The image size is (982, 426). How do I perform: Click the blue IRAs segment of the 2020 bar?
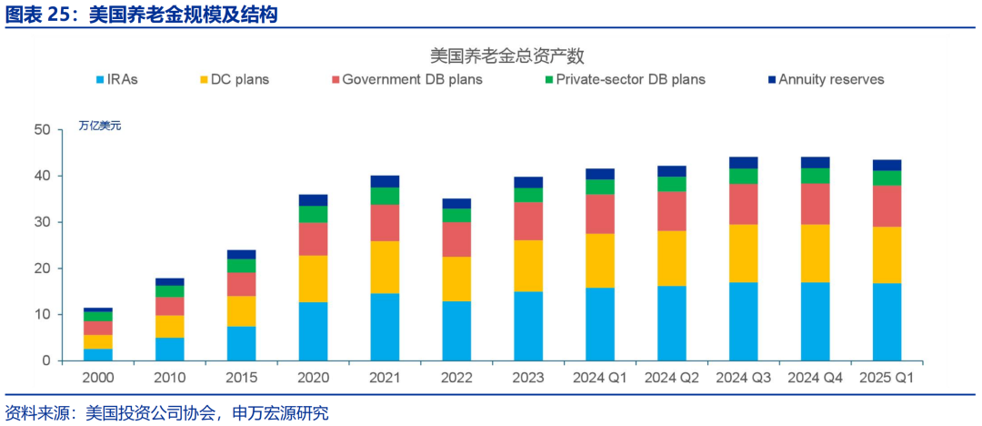pyautogui.click(x=313, y=331)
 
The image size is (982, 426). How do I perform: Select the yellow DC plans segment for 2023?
pyautogui.click(x=527, y=266)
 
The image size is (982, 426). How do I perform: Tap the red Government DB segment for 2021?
pyautogui.click(x=385, y=223)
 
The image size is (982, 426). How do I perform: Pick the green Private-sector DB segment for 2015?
pyautogui.click(x=241, y=266)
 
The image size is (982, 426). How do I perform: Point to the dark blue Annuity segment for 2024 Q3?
pyautogui.click(x=743, y=163)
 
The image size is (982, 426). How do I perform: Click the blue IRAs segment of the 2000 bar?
pyautogui.click(x=97, y=354)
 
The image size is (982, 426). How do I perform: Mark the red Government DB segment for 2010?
pyautogui.click(x=169, y=307)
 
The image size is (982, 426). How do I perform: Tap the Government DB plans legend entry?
pyautogui.click(x=405, y=80)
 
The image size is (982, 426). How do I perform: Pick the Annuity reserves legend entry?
pyautogui.click(x=824, y=80)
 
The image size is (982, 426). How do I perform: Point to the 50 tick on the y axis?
pyautogui.click(x=41, y=130)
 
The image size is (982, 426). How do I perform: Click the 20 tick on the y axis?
pyautogui.click(x=41, y=269)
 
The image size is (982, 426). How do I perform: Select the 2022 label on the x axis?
pyautogui.click(x=456, y=377)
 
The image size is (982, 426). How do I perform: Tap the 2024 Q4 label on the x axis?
pyautogui.click(x=815, y=377)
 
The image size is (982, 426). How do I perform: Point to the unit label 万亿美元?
pyautogui.click(x=99, y=126)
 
